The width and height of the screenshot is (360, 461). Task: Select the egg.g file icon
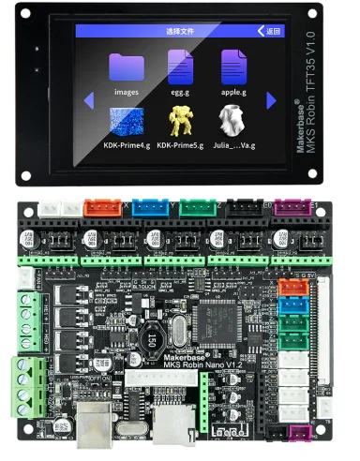[x=180, y=67]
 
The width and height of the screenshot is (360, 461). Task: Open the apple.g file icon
[x=233, y=67]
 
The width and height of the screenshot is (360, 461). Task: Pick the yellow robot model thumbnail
[x=180, y=121]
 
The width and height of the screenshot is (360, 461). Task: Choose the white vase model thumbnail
[x=232, y=121]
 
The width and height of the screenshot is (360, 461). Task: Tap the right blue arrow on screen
[x=271, y=99]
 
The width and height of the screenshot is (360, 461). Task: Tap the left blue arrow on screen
[x=90, y=99]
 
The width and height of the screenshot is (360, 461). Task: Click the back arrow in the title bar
[x=262, y=31]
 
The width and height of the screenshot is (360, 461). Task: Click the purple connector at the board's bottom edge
[x=300, y=434]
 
